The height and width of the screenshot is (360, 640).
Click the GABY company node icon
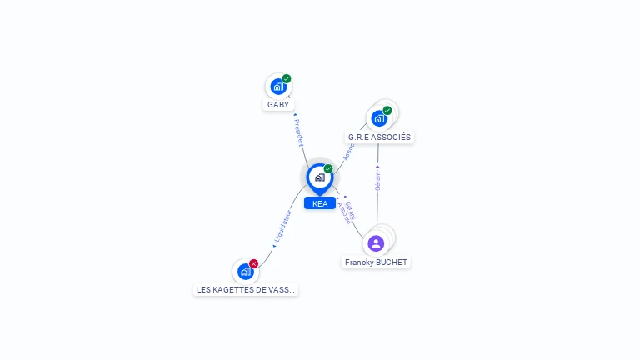(277, 87)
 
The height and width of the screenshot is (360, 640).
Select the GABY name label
(278, 105)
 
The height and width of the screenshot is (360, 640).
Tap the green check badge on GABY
(287, 79)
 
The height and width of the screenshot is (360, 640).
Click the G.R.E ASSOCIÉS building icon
(379, 118)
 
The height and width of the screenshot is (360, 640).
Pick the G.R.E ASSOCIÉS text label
(379, 137)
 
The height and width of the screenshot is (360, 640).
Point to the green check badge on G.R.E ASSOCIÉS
(387, 111)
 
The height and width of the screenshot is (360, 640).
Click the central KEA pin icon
(319, 177)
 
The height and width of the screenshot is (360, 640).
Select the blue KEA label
(320, 203)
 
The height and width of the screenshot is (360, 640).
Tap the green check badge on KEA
(328, 169)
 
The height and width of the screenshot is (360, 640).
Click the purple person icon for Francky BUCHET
(376, 243)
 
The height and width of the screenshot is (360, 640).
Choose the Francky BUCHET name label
(377, 262)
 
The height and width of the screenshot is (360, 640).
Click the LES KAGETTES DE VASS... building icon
(245, 271)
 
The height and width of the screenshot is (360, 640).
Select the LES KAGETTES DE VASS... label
(246, 289)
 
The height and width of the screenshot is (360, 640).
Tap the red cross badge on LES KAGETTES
(254, 263)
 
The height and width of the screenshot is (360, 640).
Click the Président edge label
(299, 132)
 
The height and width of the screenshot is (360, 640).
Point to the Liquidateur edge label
(282, 226)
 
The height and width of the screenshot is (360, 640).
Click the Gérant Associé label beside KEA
(347, 212)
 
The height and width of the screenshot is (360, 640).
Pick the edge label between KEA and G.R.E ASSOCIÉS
(349, 151)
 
